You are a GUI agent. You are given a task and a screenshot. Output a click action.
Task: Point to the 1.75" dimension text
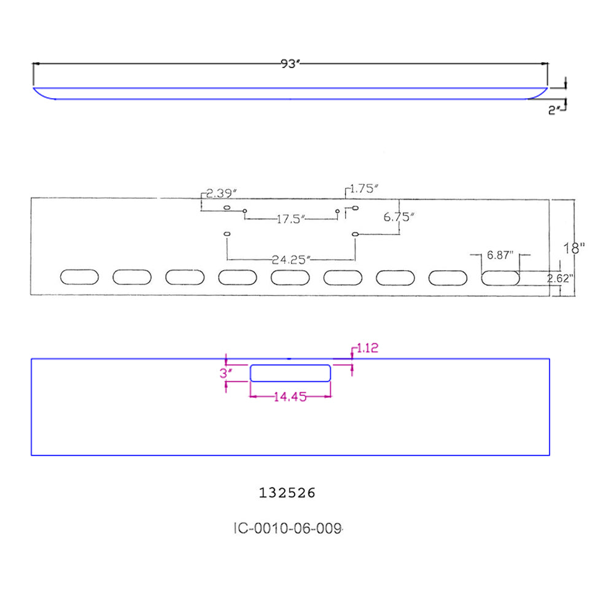pyautogui.click(x=363, y=190)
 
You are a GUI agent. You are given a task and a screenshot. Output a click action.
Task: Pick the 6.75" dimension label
pyautogui.click(x=399, y=217)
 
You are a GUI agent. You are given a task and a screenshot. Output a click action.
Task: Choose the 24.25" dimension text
pyautogui.click(x=291, y=259)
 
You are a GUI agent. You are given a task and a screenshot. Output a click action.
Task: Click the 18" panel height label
pyautogui.click(x=575, y=248)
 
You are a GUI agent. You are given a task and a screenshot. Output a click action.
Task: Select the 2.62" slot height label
pyautogui.click(x=561, y=278)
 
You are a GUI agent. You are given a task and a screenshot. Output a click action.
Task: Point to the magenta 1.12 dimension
pyautogui.click(x=367, y=348)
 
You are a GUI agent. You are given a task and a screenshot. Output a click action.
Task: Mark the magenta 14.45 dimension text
pyautogui.click(x=290, y=397)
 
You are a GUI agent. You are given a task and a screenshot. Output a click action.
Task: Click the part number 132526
pyautogui.click(x=287, y=492)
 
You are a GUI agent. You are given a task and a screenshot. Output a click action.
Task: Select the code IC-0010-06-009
pyautogui.click(x=287, y=528)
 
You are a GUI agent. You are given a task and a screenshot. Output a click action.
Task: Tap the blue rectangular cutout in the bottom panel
pyautogui.click(x=290, y=373)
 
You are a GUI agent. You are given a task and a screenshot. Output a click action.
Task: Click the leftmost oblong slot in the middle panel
pyautogui.click(x=79, y=277)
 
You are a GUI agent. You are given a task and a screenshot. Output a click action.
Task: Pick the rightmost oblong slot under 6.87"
pyautogui.click(x=500, y=278)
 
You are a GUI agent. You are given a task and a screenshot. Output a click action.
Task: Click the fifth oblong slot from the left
pyautogui.click(x=290, y=277)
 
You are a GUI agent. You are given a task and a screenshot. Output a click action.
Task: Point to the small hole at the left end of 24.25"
pyautogui.click(x=227, y=234)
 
